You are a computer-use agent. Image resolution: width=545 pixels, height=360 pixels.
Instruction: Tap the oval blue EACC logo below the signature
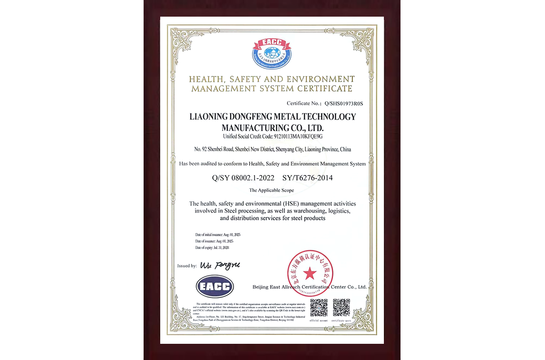pyautogui.click(x=215, y=286)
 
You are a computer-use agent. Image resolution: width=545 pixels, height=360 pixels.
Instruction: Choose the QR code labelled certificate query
pyautogui.click(x=341, y=307)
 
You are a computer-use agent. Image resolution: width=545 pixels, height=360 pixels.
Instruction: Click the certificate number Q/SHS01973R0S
pyautogui.click(x=343, y=103)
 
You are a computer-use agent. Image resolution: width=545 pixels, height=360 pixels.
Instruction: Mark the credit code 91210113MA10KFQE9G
pyautogui.click(x=296, y=136)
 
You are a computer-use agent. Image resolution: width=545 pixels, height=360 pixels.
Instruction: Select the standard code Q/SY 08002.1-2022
pyautogui.click(x=243, y=178)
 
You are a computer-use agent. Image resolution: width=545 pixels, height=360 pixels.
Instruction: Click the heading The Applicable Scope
pyautogui.click(x=271, y=190)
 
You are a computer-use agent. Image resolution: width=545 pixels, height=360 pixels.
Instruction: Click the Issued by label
pyautogui.click(x=187, y=266)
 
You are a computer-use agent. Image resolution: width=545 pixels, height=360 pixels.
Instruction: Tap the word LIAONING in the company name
pyautogui.click(x=211, y=117)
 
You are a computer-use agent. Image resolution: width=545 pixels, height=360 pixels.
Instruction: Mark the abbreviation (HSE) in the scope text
pyautogui.click(x=296, y=204)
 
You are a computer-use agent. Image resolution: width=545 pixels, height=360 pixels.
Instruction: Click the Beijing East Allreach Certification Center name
pyautogui.click(x=309, y=287)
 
